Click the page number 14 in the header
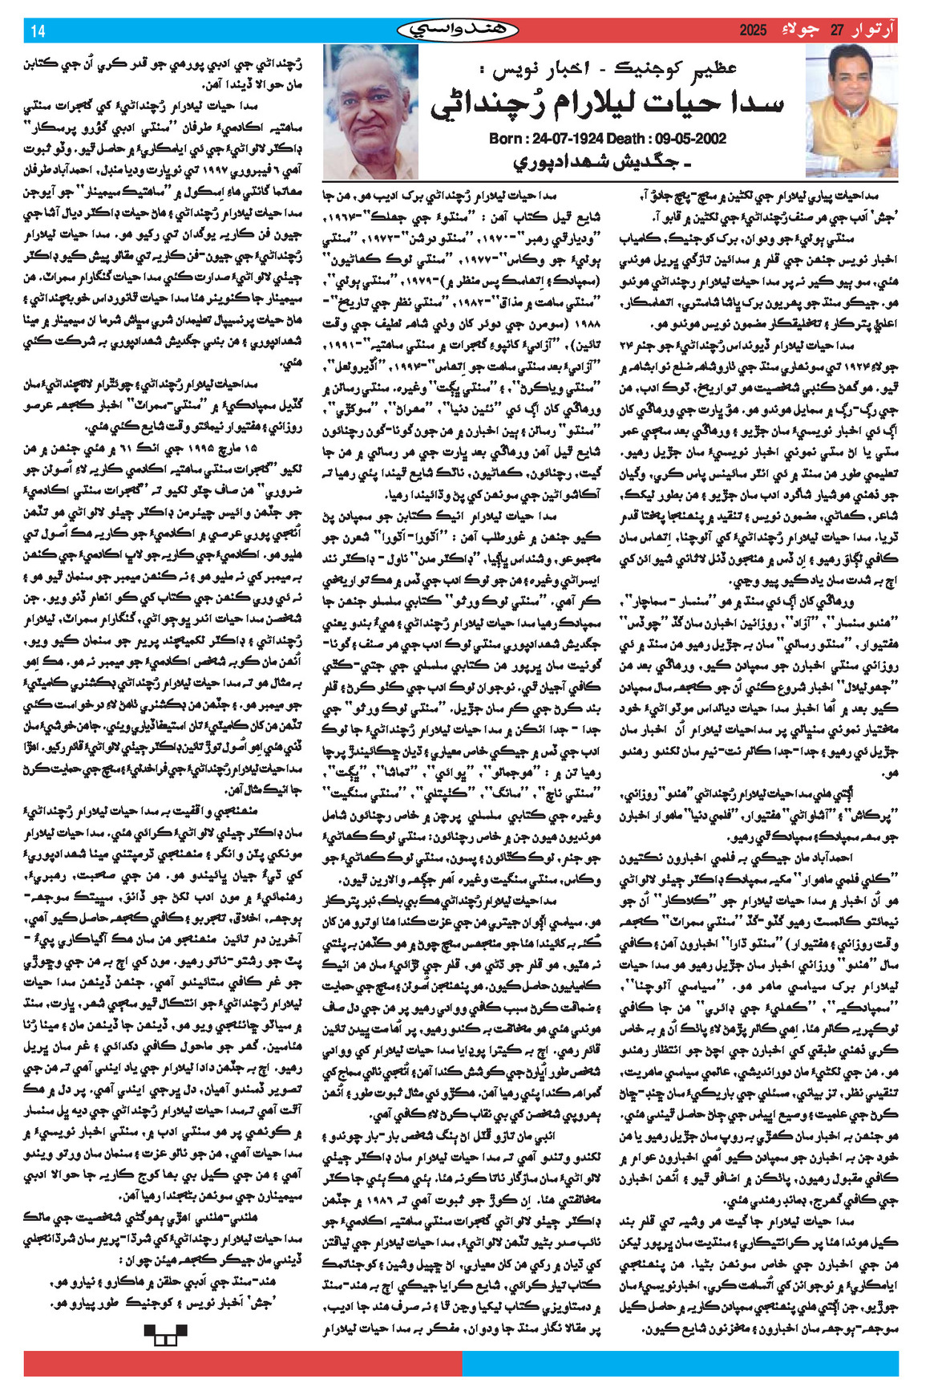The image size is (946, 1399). [x=38, y=31]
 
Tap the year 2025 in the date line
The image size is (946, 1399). [x=754, y=30]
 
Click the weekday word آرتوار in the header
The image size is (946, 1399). [x=874, y=30]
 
